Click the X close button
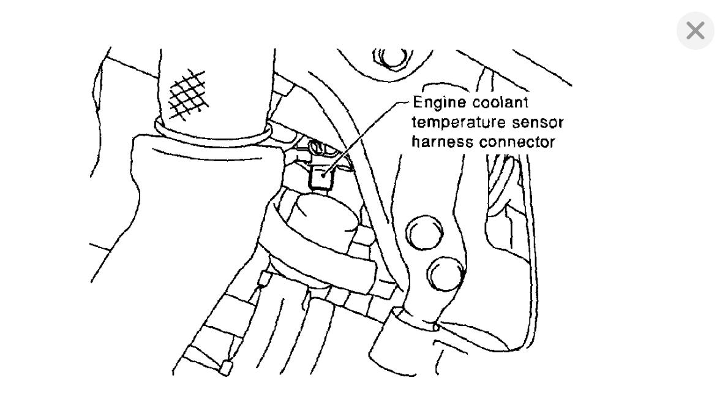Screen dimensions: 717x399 [695, 31]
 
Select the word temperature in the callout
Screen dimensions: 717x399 [451, 122]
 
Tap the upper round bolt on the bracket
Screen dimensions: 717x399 [421, 234]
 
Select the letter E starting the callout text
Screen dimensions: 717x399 [418, 101]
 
